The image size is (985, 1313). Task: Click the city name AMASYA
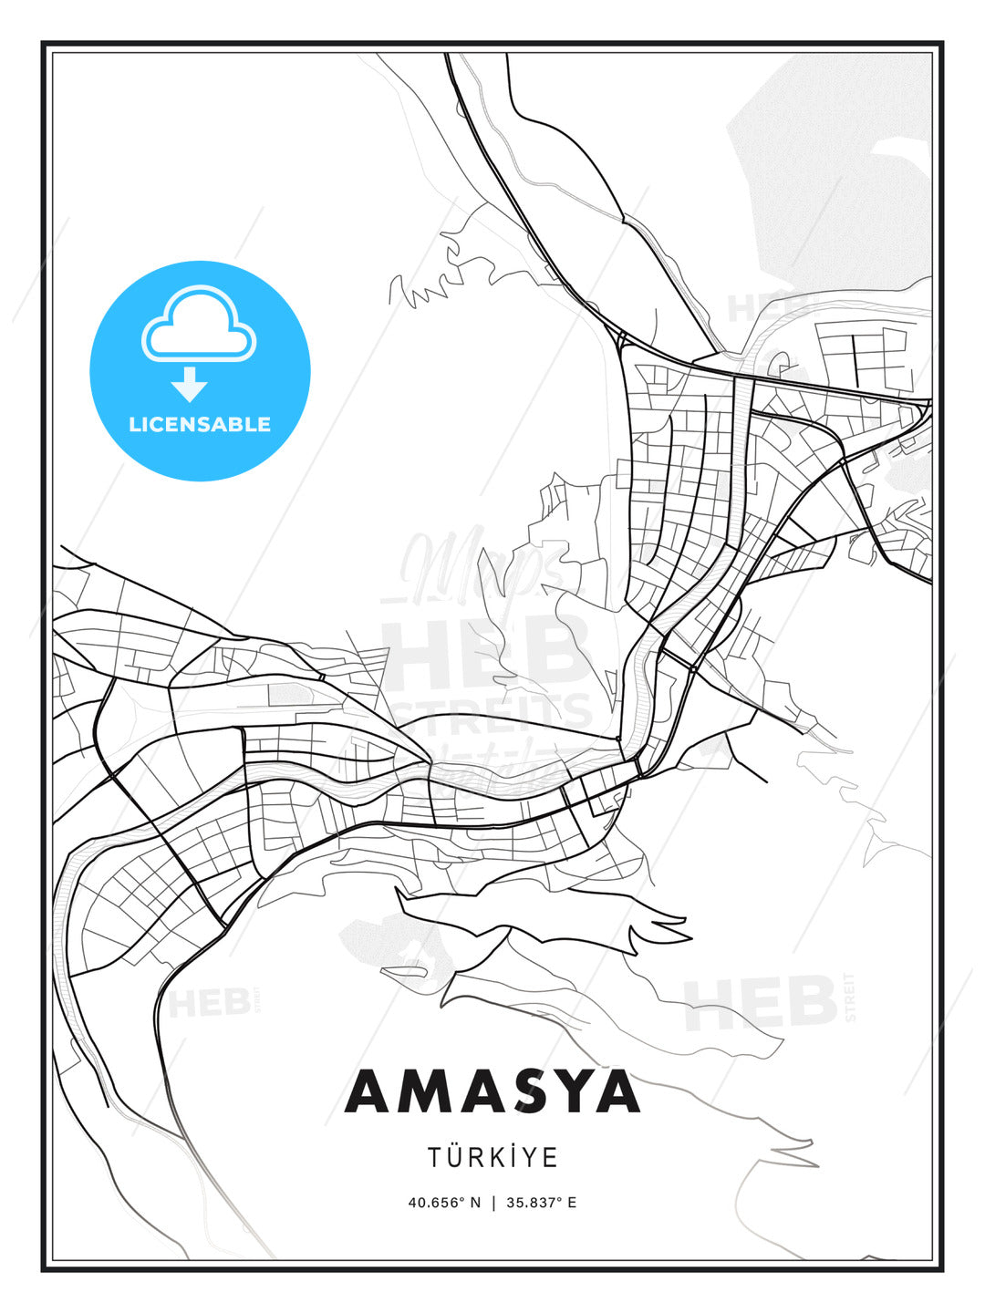pyautogui.click(x=493, y=1091)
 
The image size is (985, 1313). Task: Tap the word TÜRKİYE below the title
pyautogui.click(x=493, y=1157)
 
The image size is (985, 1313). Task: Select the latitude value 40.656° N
pyautogui.click(x=444, y=1203)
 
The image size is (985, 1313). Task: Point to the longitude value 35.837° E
pyautogui.click(x=541, y=1203)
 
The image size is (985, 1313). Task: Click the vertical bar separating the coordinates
pyautogui.click(x=493, y=1203)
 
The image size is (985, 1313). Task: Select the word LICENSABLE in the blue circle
pyautogui.click(x=200, y=424)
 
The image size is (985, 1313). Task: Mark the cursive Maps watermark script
pyautogui.click(x=483, y=567)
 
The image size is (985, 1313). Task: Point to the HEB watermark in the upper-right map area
pyautogui.click(x=766, y=308)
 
